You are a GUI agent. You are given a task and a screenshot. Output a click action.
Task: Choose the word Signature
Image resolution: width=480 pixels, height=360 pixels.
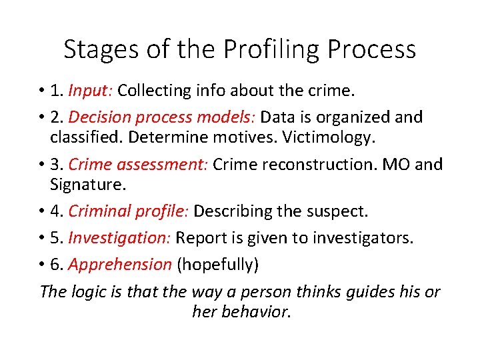click(83, 184)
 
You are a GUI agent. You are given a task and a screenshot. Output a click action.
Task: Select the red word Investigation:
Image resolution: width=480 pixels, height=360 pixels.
click(120, 238)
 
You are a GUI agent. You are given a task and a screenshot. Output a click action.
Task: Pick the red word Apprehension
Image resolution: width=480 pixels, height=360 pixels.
click(120, 265)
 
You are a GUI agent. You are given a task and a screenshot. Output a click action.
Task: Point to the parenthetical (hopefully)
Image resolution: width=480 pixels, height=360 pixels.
click(217, 265)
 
